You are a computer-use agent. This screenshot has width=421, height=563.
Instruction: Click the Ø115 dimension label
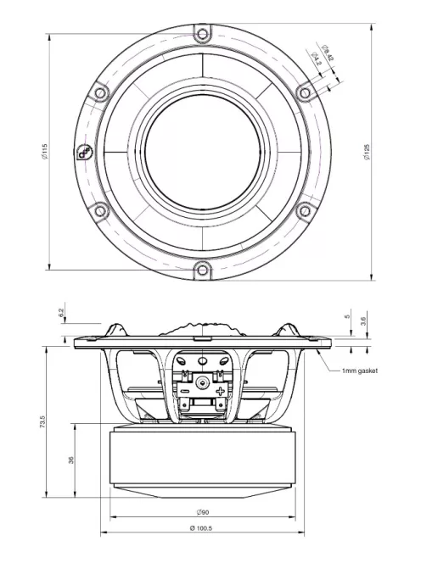[43, 153]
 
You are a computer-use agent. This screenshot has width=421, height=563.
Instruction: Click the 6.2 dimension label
[61, 312]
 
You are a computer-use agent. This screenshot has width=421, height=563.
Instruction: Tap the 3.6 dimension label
[364, 320]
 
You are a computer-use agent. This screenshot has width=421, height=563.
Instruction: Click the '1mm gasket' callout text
[359, 371]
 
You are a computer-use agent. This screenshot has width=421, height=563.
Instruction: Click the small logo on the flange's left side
[85, 153]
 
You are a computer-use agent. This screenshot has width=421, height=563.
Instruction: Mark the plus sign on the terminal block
[220, 392]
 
